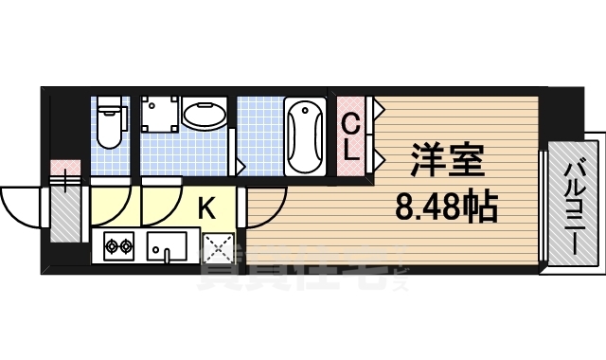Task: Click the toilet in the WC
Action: [111, 123]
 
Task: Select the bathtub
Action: [305, 136]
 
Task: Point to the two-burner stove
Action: [118, 246]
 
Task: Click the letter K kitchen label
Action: [207, 204]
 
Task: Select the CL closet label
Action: [350, 135]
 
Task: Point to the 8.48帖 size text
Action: [446, 206]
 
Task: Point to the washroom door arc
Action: [161, 199]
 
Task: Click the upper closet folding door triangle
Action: [377, 109]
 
